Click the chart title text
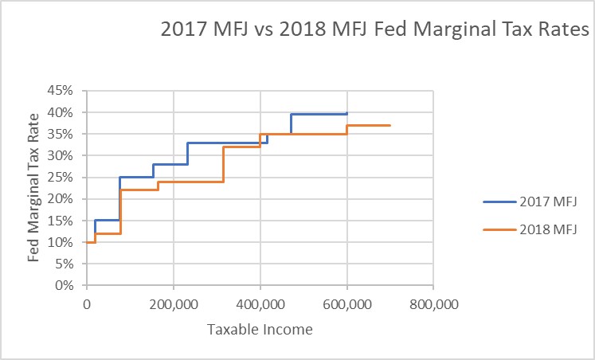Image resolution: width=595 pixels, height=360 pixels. [374, 31]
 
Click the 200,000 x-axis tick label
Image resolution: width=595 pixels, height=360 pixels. [173, 303]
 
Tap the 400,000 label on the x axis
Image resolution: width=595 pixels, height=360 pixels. [260, 303]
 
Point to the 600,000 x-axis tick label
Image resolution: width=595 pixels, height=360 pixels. [346, 303]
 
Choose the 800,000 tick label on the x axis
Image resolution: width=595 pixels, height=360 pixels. [433, 303]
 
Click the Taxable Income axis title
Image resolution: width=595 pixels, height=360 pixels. [260, 329]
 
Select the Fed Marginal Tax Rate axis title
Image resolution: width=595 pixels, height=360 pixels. [34, 188]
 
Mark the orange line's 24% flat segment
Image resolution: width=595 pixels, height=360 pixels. [191, 182]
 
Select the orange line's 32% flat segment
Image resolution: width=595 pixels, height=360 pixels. [241, 147]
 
